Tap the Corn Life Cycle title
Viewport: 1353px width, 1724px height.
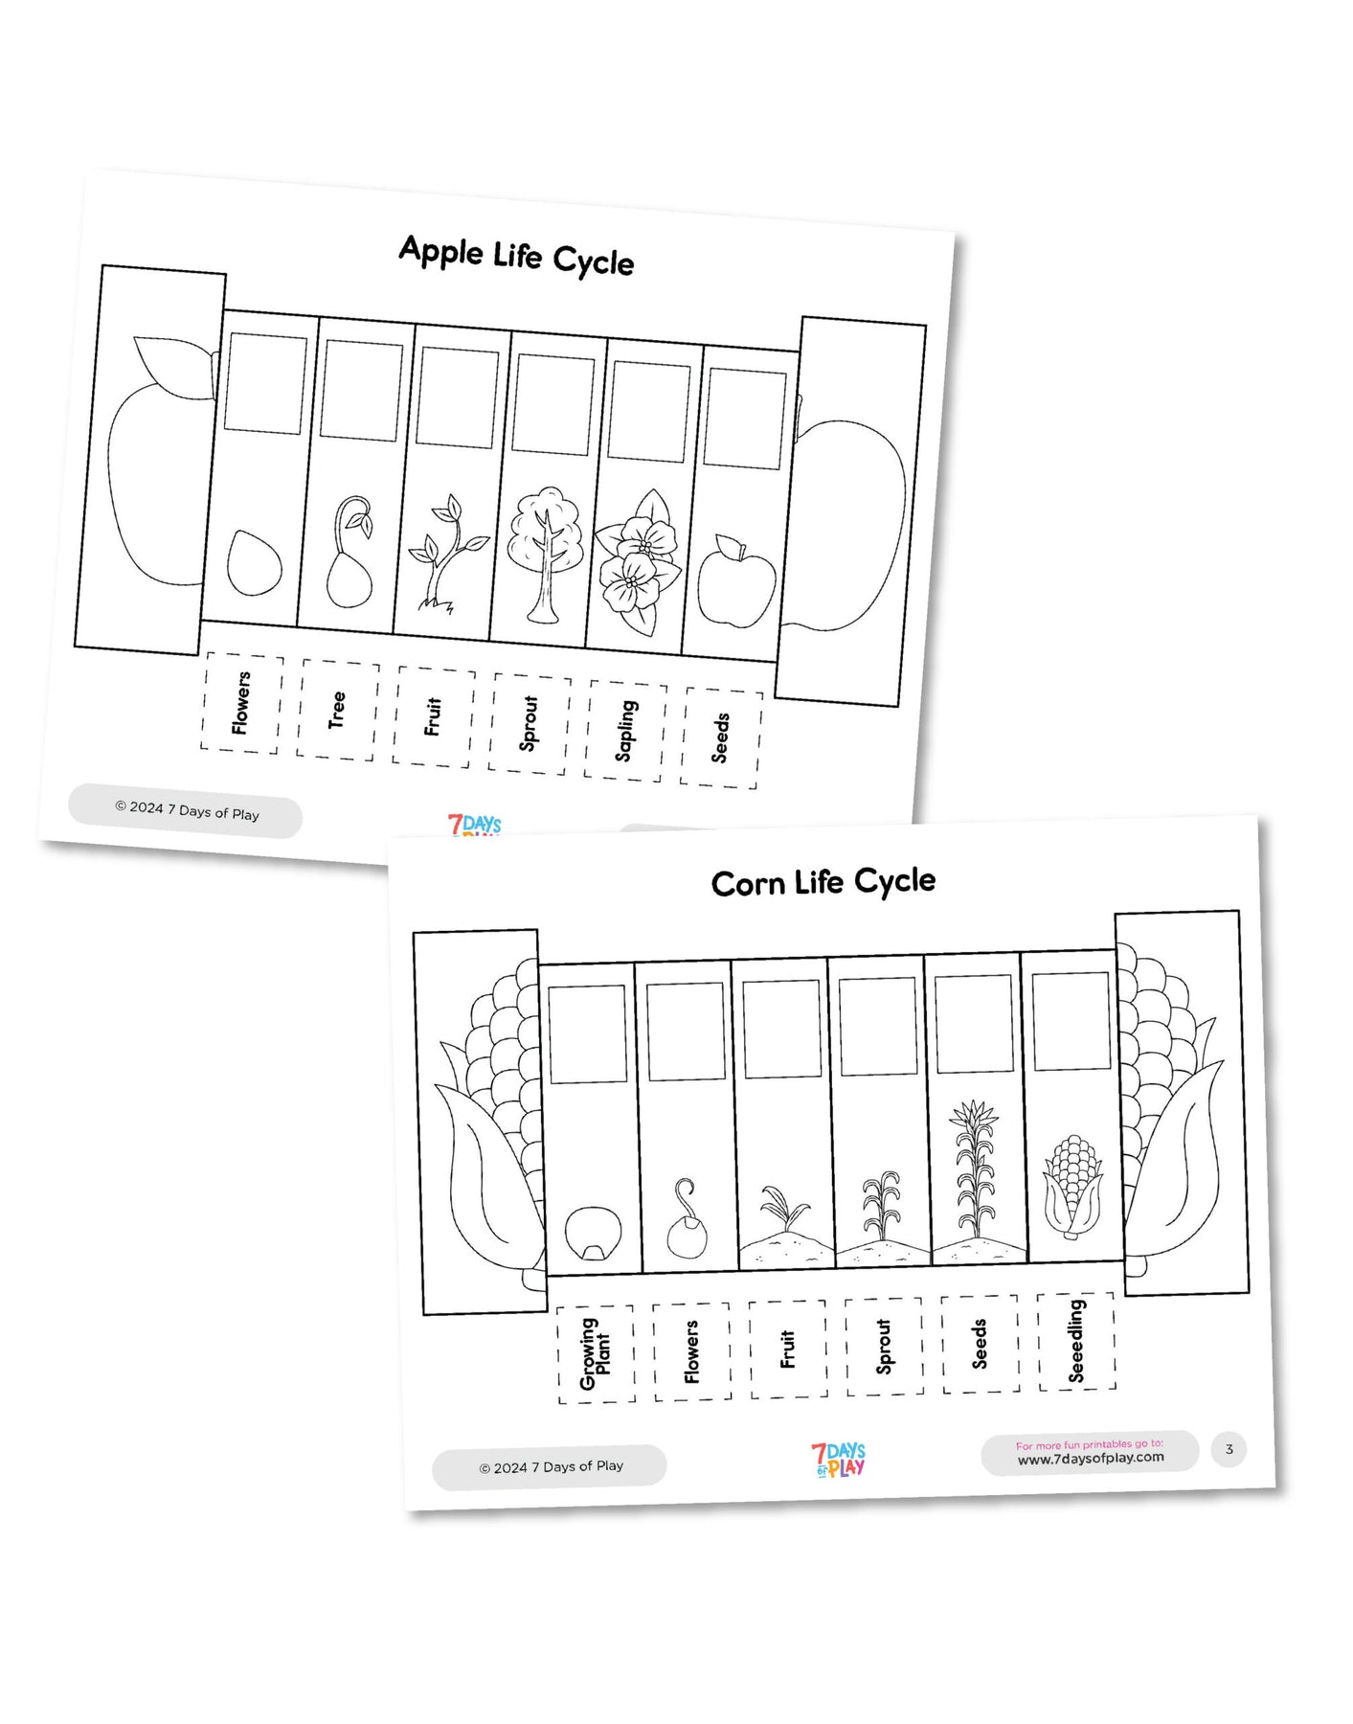823,881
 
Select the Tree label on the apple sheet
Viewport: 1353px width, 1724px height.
336,710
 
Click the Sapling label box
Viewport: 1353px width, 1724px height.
625,731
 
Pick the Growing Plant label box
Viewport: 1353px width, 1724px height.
596,1353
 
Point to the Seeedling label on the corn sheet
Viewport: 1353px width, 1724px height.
1076,1341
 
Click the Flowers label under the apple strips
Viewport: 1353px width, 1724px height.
240,703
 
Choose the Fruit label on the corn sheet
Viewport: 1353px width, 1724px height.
788,1349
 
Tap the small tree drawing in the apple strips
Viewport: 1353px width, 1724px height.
546,555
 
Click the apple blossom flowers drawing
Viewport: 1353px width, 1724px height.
638,562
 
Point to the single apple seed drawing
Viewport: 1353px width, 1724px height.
254,563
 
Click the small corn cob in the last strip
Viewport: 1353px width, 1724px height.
1073,1186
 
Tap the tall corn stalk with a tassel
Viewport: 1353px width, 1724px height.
975,1168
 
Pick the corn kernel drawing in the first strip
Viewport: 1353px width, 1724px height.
593,1234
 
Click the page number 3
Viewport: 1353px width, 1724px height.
1229,1449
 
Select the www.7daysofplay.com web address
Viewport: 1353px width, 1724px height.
1091,1458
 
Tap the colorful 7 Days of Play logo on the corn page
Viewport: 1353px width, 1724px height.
838,1460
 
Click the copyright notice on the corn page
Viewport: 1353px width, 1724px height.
551,1466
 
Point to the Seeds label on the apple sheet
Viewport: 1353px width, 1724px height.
721,737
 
